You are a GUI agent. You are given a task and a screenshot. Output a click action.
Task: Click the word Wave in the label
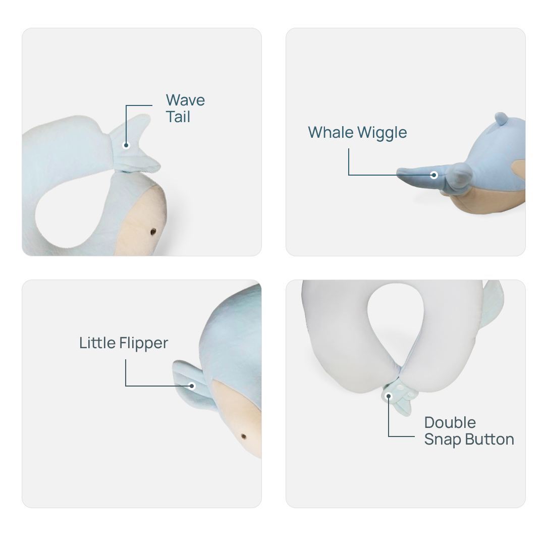(x=185, y=100)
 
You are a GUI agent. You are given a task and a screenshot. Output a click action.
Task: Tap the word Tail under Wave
(x=178, y=117)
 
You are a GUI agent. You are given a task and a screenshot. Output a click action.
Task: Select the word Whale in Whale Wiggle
(x=331, y=132)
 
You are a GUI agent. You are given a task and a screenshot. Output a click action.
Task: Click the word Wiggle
(x=382, y=133)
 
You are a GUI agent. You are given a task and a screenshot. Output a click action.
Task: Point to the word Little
(x=97, y=343)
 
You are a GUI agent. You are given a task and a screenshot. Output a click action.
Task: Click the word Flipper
(x=144, y=344)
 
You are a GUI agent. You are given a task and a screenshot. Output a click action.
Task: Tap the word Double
(x=450, y=422)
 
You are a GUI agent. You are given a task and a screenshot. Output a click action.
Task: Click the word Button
(x=490, y=440)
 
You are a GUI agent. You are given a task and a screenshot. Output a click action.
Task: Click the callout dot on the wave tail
(x=126, y=145)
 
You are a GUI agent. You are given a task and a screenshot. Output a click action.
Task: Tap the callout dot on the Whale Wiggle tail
(x=433, y=175)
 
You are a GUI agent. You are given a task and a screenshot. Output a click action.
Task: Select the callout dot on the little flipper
(x=192, y=386)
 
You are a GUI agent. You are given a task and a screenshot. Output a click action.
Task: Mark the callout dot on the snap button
(x=389, y=396)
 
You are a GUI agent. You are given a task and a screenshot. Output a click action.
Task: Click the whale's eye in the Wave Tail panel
(x=153, y=232)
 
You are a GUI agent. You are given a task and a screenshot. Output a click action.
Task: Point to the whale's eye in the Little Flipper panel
(x=243, y=436)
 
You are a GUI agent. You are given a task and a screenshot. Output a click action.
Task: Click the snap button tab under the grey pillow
(x=399, y=399)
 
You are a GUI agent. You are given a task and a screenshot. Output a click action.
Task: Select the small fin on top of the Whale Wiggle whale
(x=501, y=119)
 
